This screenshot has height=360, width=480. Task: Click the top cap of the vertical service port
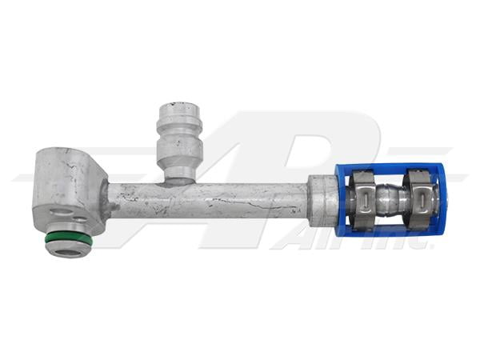(x=178, y=107)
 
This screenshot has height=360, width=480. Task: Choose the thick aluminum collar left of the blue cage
(x=320, y=200)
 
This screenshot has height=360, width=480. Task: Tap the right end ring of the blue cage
(x=439, y=200)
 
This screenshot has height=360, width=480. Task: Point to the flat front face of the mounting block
(x=64, y=192)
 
